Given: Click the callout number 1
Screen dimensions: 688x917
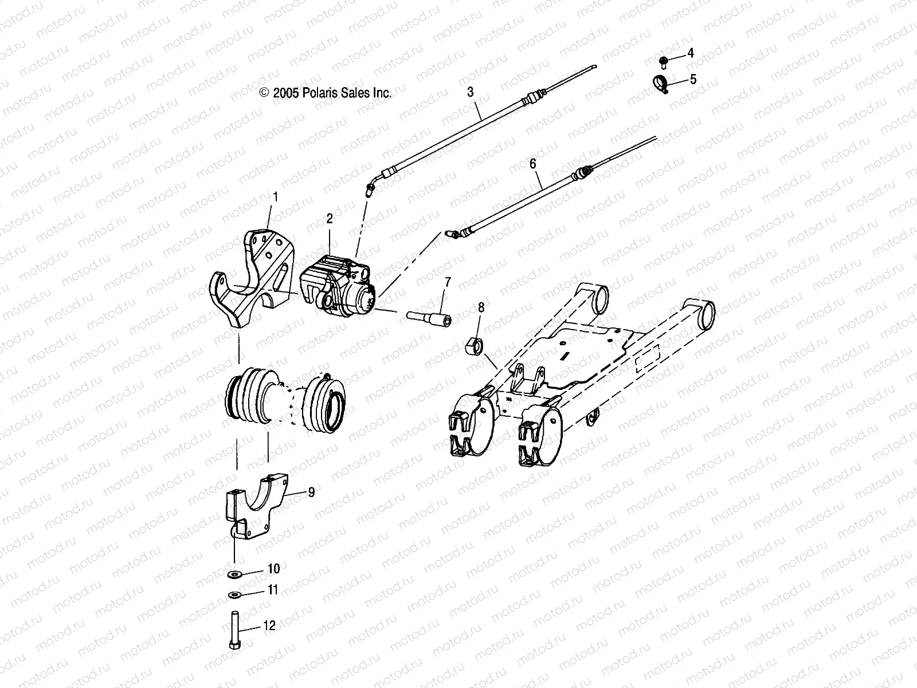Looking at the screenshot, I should pyautogui.click(x=275, y=197).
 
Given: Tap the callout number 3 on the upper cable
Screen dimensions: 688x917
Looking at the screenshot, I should pyautogui.click(x=470, y=92).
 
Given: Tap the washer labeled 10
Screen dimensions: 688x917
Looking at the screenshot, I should pyautogui.click(x=235, y=574).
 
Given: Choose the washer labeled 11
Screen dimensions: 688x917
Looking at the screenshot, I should pyautogui.click(x=234, y=594).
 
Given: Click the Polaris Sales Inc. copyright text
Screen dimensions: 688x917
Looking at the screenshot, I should pyautogui.click(x=326, y=93).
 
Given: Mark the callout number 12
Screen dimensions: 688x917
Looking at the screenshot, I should pyautogui.click(x=269, y=626).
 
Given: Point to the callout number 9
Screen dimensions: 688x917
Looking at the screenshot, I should pyautogui.click(x=311, y=492).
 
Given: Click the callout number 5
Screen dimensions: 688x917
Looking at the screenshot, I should pyautogui.click(x=693, y=79).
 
